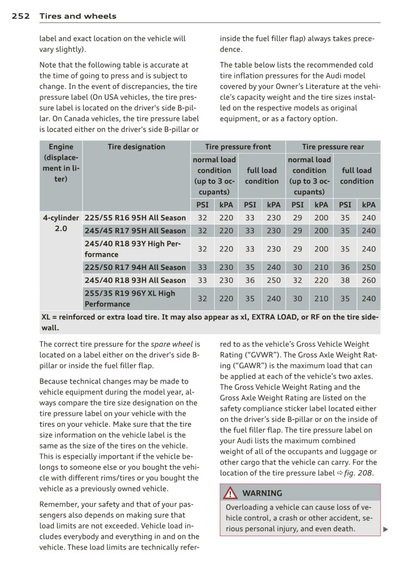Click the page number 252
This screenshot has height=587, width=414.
[x=21, y=16]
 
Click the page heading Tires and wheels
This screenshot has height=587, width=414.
[x=78, y=16]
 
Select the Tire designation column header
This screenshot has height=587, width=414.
[x=136, y=147]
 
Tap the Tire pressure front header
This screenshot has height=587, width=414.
[x=238, y=147]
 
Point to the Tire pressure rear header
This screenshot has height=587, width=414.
[x=333, y=147]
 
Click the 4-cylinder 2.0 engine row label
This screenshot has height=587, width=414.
[x=61, y=223]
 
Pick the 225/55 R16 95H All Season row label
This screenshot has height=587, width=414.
[x=135, y=218]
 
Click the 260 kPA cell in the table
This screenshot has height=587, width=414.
[x=369, y=280]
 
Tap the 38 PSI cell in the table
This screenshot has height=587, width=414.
[x=345, y=280]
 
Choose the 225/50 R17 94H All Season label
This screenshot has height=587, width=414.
[x=135, y=267]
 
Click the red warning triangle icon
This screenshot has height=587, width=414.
[x=230, y=493]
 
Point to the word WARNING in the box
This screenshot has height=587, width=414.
[x=262, y=493]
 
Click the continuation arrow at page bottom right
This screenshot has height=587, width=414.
[x=386, y=529]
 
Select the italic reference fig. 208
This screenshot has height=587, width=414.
[x=358, y=473]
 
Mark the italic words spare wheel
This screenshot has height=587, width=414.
[x=172, y=344]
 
